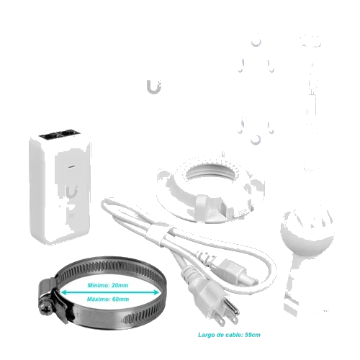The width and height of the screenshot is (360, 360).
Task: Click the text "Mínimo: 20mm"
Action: (x=108, y=285)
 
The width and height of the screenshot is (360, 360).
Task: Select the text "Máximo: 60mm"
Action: (x=108, y=300)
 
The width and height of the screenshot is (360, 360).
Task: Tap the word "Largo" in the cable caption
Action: (x=207, y=335)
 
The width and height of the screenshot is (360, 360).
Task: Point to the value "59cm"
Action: (x=253, y=335)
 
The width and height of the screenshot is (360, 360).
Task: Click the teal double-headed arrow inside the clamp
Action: (x=110, y=292)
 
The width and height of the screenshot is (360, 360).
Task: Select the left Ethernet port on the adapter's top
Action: (x=50, y=136)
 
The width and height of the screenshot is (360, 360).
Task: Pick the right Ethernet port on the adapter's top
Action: (x=68, y=133)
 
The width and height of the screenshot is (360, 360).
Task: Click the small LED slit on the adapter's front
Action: (x=71, y=166)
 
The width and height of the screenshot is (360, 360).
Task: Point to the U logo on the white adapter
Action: (x=72, y=192)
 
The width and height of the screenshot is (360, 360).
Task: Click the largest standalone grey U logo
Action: (x=154, y=87)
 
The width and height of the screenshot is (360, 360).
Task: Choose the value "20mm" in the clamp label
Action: (x=120, y=285)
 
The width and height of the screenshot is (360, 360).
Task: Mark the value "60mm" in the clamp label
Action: (x=120, y=300)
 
